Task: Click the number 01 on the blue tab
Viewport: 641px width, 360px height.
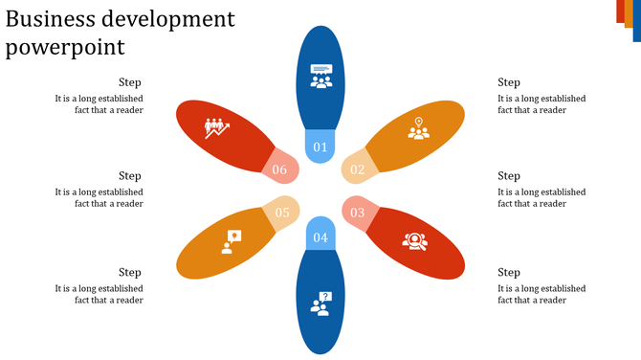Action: [x=320, y=146]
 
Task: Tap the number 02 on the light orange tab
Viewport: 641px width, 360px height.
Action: [x=357, y=169]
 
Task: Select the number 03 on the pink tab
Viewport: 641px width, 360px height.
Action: [x=357, y=212]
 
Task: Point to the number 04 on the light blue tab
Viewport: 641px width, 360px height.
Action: [x=320, y=236]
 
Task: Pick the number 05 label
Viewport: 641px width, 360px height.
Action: [x=282, y=213]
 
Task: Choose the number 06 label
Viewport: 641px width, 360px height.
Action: [x=279, y=169]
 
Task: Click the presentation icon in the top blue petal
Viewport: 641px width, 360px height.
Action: [x=320, y=76]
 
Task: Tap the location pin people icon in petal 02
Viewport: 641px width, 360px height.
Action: [x=418, y=128]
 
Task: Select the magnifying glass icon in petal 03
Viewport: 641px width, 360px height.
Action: [x=414, y=240]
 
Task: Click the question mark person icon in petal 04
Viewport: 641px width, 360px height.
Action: [x=320, y=303]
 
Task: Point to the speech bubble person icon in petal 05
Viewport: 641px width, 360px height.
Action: [x=231, y=240]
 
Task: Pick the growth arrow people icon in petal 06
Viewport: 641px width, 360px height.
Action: [x=217, y=126]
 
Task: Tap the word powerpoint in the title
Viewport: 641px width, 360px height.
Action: [x=64, y=47]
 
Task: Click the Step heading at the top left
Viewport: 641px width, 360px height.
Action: [x=130, y=82]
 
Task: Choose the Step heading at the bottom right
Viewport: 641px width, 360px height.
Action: [x=509, y=272]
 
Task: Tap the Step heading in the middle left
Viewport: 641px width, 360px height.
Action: [x=130, y=175]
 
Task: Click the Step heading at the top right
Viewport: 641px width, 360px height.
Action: [x=509, y=82]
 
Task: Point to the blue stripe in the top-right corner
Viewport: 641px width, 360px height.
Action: [x=636, y=21]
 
